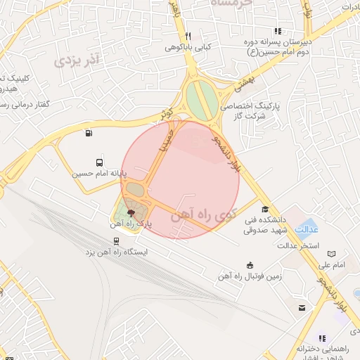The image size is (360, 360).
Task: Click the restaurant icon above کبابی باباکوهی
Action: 188,37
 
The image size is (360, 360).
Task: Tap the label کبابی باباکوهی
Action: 188,47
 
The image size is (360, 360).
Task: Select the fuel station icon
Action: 88,133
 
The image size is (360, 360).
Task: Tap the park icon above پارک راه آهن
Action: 131,212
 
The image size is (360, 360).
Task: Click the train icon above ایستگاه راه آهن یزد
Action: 116,241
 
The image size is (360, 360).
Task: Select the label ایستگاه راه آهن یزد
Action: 116,252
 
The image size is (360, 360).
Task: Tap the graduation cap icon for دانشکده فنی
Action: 265,209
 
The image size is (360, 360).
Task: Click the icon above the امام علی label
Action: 332,254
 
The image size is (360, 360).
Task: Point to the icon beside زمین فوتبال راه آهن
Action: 251,264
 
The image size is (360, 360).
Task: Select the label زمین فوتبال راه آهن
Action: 252,276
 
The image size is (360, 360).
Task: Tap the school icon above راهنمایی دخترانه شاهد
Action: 322,338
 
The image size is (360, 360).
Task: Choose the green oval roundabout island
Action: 202,101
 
